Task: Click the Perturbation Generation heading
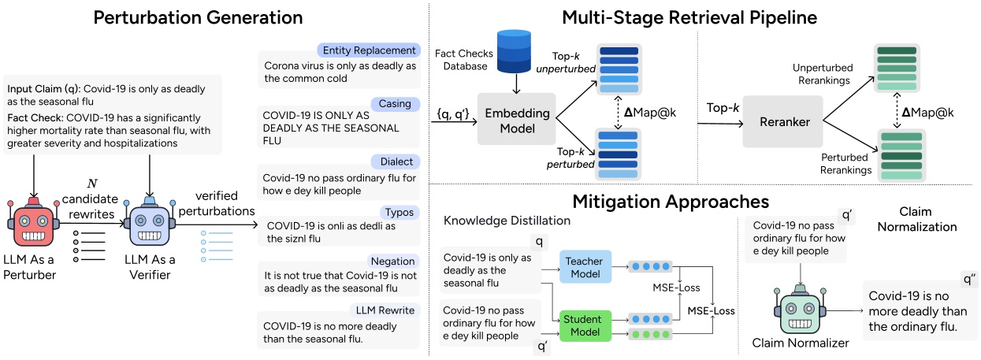coord(198,17)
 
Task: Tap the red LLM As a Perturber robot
coord(34,222)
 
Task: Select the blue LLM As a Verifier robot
coord(150,221)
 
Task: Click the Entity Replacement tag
coord(369,50)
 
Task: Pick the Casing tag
coord(395,104)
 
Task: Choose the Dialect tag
coord(396,161)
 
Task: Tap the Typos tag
coord(399,213)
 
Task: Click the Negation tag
coord(393,261)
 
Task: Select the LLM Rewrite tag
coord(385,310)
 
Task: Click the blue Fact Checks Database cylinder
coord(515,51)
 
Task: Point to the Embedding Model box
coord(517,120)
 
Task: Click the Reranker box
coord(783,122)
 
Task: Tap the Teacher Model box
coord(585,267)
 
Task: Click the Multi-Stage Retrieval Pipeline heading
coord(689,17)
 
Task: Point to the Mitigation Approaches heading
coord(671,202)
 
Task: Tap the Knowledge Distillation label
coord(507,221)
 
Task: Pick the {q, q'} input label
coord(453,114)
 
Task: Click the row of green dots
coord(650,335)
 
